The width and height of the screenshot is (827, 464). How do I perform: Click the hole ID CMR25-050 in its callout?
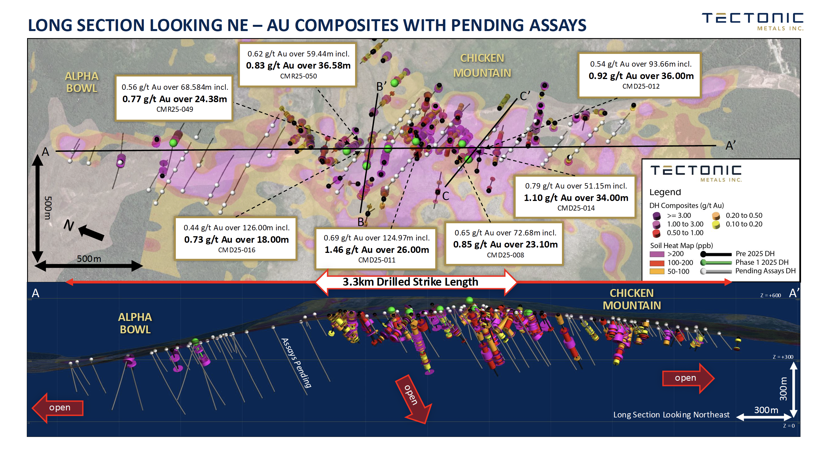(298, 76)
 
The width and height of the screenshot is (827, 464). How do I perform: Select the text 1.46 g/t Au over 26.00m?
(377, 249)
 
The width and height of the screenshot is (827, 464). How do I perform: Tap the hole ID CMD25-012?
(641, 86)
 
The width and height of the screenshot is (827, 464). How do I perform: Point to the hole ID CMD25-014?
(576, 208)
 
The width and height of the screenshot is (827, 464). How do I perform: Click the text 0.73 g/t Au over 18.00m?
(236, 240)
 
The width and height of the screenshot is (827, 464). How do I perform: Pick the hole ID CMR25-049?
(175, 109)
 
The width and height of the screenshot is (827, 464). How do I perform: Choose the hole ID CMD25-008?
(505, 255)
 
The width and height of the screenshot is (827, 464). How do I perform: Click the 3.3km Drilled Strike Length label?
(410, 282)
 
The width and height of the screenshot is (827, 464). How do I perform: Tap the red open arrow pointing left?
(58, 408)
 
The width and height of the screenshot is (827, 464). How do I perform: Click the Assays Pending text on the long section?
(296, 363)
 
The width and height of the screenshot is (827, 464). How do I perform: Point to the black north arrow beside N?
(91, 233)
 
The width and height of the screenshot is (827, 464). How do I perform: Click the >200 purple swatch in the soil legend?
(657, 254)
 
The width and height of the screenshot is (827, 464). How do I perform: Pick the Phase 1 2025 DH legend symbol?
(716, 262)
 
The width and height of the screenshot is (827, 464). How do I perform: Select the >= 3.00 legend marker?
(657, 215)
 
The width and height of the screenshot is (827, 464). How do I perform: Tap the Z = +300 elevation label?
(783, 357)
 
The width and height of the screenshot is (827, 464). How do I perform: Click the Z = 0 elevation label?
(789, 426)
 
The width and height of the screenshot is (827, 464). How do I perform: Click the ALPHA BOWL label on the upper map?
(82, 82)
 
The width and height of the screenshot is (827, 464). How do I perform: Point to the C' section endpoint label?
(525, 96)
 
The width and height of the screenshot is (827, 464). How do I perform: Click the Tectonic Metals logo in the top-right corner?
(752, 21)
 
